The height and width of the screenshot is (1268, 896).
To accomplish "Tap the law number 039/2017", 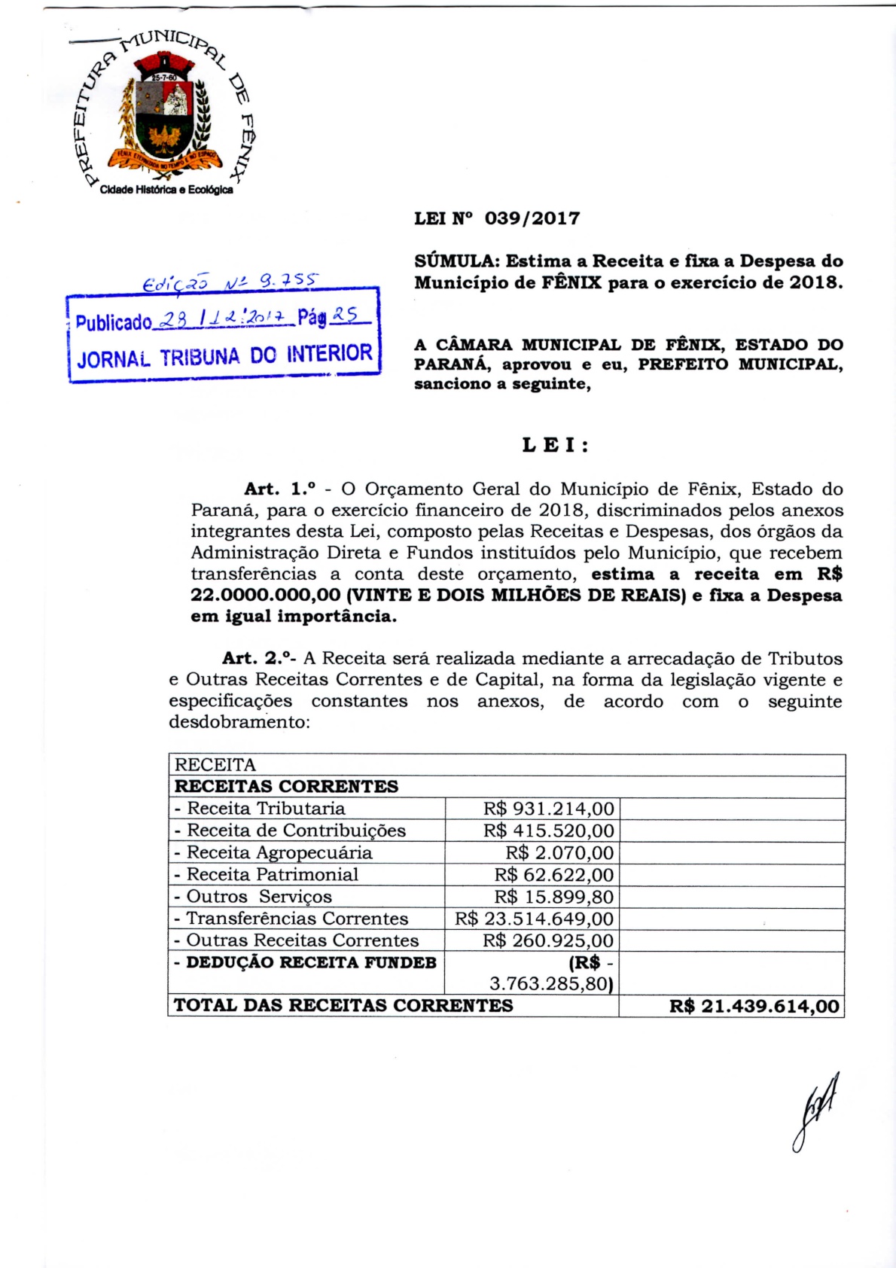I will pos(532,218).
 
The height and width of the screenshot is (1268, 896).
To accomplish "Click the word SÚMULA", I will pos(456,261).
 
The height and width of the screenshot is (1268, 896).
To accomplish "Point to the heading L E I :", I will pos(555,445).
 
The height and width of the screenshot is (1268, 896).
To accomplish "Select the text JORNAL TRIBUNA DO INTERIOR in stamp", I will pos(224,355).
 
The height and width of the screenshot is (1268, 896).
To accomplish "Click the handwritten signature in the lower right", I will pos(815,1111).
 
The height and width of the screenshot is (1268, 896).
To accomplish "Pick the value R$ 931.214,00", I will pos(549,809).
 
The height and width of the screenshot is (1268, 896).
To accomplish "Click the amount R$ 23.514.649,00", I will pos(535,919).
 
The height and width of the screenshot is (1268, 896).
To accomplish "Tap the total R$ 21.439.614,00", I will pos(754,1006).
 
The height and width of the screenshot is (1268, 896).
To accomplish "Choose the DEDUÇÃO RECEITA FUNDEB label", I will pos(306,962).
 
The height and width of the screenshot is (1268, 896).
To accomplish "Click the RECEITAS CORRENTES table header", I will pos(286,786).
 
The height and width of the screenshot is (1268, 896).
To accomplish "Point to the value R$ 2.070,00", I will pos(559,853).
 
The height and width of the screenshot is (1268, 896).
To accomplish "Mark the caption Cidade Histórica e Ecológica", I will pos(166,190).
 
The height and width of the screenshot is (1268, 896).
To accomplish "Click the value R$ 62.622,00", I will pos(554,875).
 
